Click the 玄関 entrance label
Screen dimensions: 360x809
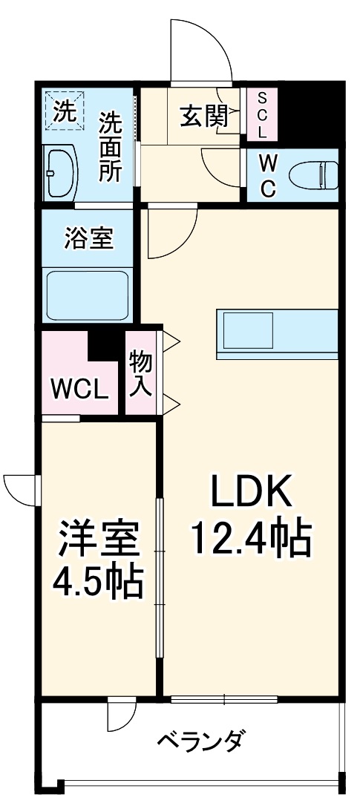tap(203, 118)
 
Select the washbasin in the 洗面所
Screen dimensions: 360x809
tap(60, 175)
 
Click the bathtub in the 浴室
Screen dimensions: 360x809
tap(88, 295)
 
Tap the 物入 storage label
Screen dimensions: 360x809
tap(140, 374)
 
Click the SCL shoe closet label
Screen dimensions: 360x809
tap(262, 114)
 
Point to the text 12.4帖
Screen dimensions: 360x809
tap(252, 539)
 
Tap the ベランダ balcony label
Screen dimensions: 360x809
tap(200, 742)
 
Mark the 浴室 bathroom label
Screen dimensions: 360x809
tap(89, 239)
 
